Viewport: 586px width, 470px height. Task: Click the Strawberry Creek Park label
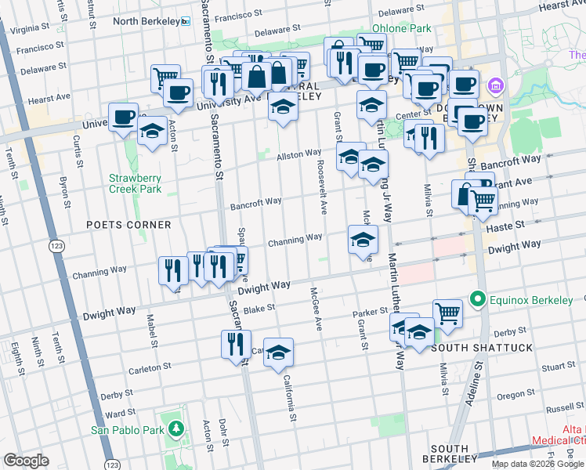tap(135, 183)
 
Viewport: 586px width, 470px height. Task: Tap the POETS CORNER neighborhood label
tap(129, 225)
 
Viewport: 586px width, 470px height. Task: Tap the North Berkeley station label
tap(146, 20)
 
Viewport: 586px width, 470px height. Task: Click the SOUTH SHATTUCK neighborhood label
tap(481, 347)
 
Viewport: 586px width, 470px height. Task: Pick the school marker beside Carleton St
tap(278, 352)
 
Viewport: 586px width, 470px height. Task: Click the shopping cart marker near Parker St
tap(447, 313)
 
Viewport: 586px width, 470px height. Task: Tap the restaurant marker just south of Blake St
tap(236, 343)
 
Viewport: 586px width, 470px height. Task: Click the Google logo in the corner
tap(25, 460)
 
